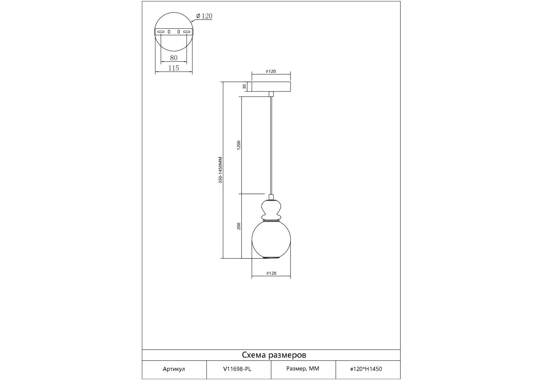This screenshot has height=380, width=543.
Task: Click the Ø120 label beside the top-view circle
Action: [x=204, y=16]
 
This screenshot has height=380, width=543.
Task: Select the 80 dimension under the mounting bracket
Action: [x=174, y=58]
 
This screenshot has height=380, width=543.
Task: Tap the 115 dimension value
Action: [x=174, y=68]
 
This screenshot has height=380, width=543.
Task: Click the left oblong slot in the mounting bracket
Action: [x=161, y=32]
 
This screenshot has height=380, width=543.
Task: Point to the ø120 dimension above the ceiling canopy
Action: [x=271, y=71]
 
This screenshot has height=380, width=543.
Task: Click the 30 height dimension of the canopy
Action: [x=244, y=86]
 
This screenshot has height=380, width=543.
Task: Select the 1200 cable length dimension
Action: [x=239, y=145]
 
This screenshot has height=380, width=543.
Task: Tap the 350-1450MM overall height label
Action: [x=220, y=170]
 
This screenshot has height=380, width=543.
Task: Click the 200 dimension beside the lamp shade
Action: [x=239, y=226]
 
